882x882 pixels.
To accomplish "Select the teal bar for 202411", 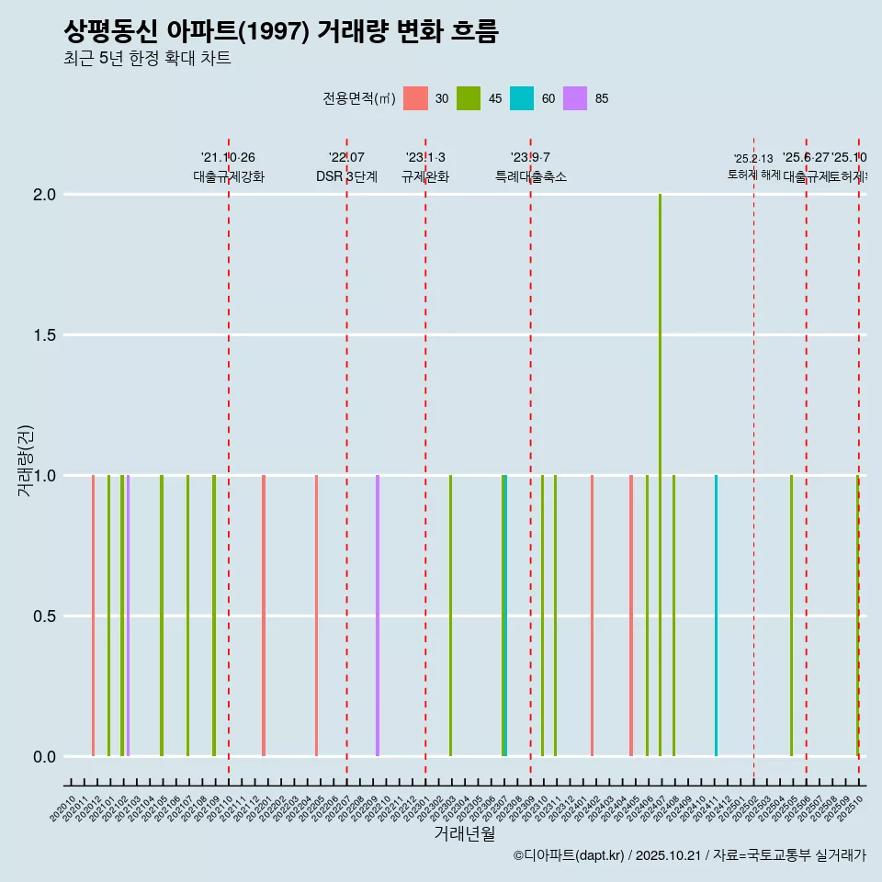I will click(x=716, y=616).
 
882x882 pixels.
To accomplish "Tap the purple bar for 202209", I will click(x=378, y=616).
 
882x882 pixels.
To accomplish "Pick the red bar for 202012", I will click(x=94, y=616).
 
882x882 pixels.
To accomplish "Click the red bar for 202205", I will click(x=316, y=616).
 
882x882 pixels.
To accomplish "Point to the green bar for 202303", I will click(x=450, y=616).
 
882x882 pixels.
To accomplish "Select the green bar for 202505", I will click(x=791, y=616).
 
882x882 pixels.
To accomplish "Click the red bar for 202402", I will click(x=592, y=616).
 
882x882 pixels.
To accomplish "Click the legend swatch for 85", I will click(x=575, y=98).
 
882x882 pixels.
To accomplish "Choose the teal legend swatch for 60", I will click(x=522, y=98).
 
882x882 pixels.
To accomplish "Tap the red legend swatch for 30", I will click(x=415, y=98).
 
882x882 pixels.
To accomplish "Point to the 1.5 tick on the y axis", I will click(x=45, y=335).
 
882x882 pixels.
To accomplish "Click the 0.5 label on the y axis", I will click(x=45, y=616).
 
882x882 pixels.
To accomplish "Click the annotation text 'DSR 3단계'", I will click(x=346, y=177).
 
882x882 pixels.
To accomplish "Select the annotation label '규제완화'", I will click(x=424, y=177).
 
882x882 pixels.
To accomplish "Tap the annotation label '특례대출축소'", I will click(x=530, y=177).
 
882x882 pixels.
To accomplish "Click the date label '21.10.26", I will click(x=228, y=158).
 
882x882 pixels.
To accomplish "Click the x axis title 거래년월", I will click(x=464, y=834).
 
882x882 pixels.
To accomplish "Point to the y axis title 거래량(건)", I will click(x=26, y=461).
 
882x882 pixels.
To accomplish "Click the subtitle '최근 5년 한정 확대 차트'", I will click(x=147, y=59).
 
